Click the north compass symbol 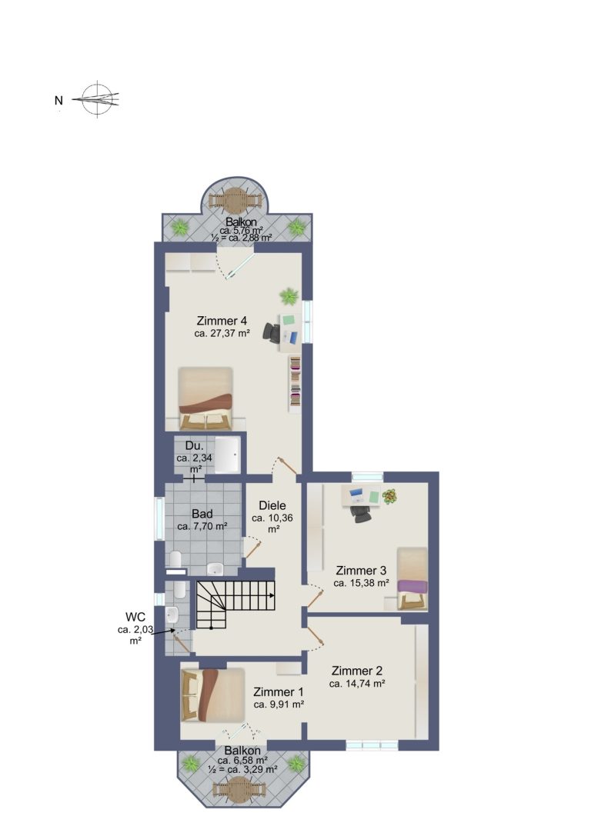click(x=96, y=98)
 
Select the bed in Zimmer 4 click(x=205, y=398)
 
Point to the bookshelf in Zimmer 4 click(x=295, y=383)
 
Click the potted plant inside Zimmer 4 click(x=289, y=295)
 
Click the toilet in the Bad click(x=175, y=560)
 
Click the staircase click(x=235, y=605)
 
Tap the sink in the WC click(x=172, y=616)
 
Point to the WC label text click(x=135, y=617)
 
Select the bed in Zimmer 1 click(x=212, y=694)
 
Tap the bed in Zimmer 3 click(x=412, y=578)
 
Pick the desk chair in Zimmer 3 click(x=361, y=513)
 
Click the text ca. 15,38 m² click(x=361, y=583)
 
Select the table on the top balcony click(x=235, y=201)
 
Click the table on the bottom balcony click(x=239, y=789)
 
